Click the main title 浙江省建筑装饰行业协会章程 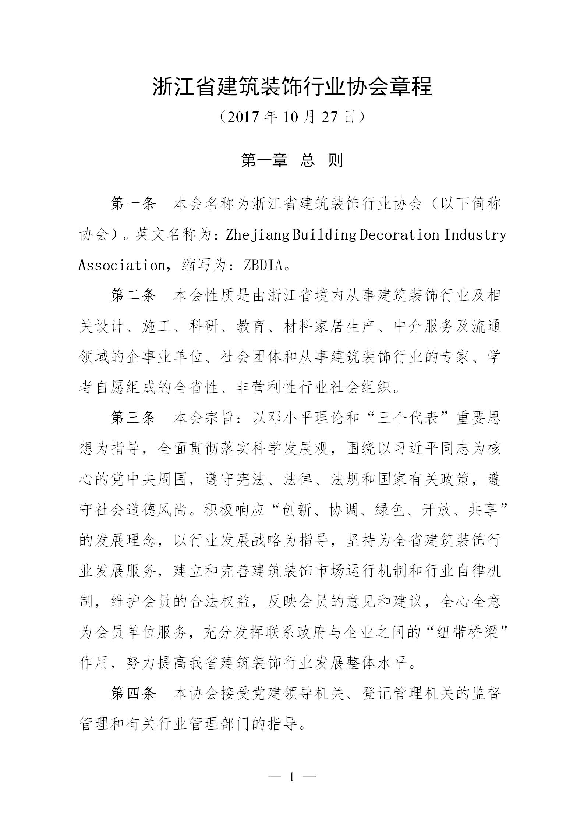coord(292,87)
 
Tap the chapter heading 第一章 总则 coord(292,160)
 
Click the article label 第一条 coord(134,204)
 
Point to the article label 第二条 coord(134,296)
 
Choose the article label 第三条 coord(134,418)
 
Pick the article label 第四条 coord(134,694)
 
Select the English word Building coord(324,235)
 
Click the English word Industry coord(475,235)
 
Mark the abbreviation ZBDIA coord(263,265)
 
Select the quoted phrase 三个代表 coord(408,418)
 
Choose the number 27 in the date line coord(329,117)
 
